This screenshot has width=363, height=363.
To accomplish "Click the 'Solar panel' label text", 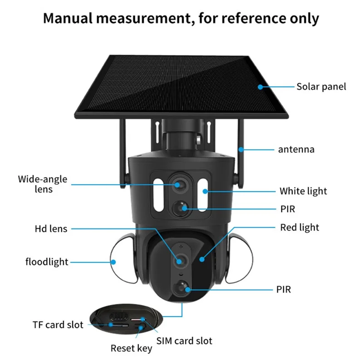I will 321,86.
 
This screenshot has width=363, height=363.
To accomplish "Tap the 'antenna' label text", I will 296,149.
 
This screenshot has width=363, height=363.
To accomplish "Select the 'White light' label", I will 303,191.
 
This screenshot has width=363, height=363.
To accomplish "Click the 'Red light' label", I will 299,227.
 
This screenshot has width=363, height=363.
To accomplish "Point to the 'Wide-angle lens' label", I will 43,184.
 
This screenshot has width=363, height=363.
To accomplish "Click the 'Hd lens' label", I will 51,229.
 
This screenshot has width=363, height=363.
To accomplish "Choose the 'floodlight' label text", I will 47,262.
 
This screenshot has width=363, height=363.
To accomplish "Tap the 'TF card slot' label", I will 58,324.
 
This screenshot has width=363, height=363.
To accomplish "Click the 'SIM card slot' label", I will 184,340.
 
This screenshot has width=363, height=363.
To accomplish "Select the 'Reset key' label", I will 132,348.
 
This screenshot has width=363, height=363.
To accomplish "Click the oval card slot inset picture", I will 125,320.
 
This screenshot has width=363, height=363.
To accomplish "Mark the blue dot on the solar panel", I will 260,86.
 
